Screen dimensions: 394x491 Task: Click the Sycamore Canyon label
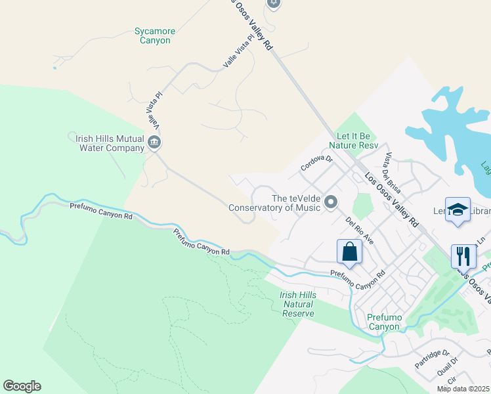(152, 35)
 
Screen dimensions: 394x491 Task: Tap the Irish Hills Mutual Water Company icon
(155, 142)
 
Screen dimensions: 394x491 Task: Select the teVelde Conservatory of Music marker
(331, 201)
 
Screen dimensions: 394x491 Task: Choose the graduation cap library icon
(458, 209)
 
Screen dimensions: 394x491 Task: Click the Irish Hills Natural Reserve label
(298, 304)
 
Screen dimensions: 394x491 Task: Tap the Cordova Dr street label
(317, 160)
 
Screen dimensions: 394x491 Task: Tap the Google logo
(22, 386)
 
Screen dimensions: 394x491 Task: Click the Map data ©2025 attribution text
(463, 389)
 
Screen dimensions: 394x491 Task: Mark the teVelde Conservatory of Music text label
(274, 203)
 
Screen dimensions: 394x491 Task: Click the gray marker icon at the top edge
(274, 3)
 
